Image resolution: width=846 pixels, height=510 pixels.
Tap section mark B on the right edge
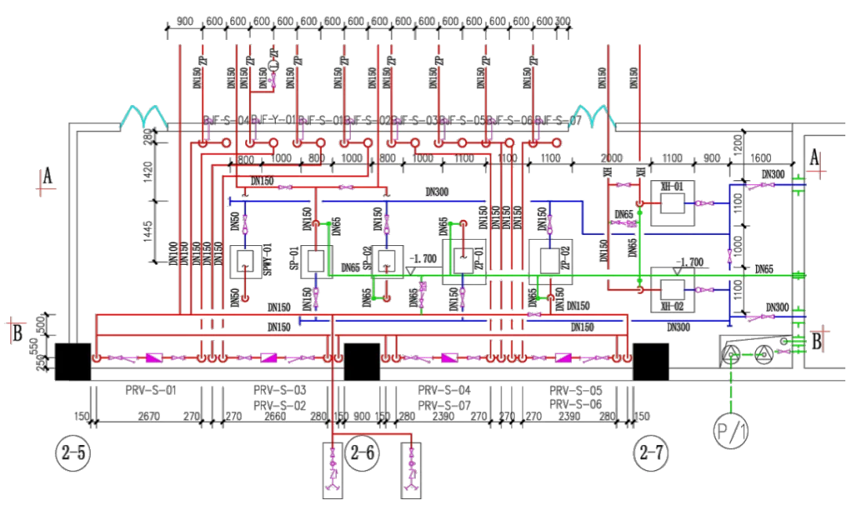pos(816,340)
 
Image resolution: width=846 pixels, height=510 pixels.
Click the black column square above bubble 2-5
pos(74,360)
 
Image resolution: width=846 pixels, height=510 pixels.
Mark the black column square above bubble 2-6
pos(363,361)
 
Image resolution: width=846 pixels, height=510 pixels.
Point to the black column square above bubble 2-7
pos(651,360)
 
